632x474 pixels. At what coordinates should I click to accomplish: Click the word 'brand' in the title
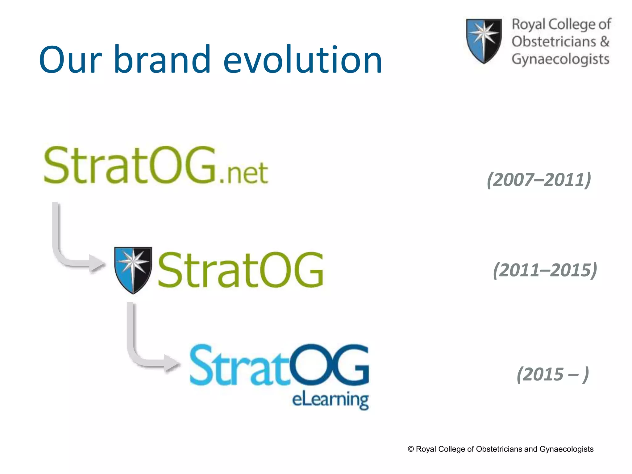tap(162, 59)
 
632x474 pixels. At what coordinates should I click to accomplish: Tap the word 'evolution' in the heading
tap(302, 59)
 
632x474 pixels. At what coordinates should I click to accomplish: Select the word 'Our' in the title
tap(70, 59)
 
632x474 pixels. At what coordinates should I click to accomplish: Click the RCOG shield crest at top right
tap(484, 40)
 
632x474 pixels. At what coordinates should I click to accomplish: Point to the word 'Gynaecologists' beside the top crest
tap(560, 59)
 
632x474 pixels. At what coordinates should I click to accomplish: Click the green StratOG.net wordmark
tap(130, 165)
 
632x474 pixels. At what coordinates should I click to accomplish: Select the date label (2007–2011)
tap(539, 180)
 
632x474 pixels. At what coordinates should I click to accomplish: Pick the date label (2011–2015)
tap(545, 270)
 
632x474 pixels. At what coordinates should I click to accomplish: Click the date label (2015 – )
tap(553, 374)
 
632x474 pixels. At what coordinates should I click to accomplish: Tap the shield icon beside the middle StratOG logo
tap(133, 269)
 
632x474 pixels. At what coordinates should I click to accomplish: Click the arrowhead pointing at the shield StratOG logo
tap(96, 264)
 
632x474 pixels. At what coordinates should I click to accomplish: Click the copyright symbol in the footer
tap(411, 449)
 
